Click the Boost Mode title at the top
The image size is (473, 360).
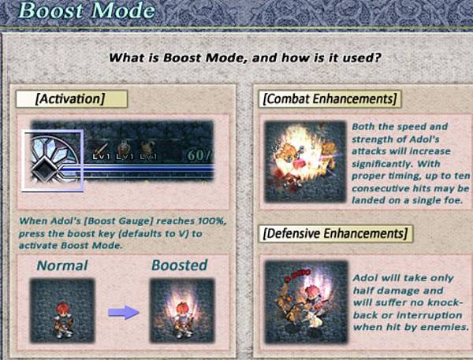[x=87, y=10]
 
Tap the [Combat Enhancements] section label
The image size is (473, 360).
[x=330, y=99]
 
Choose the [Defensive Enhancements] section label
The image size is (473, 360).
[x=335, y=233]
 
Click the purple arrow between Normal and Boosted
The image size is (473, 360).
[x=124, y=313]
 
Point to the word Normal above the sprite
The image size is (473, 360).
[x=62, y=265]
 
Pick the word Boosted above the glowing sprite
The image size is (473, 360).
[x=179, y=265]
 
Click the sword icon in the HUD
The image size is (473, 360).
[x=101, y=148]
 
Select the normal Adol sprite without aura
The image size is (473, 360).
[x=63, y=320]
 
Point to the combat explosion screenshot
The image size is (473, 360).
[x=305, y=161]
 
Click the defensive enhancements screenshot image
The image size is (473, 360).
[x=306, y=302]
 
